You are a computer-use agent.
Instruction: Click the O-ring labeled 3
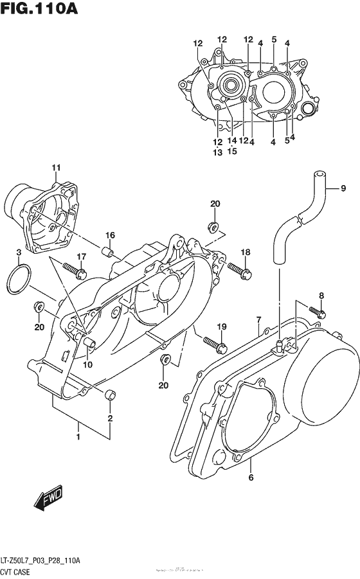tap(19, 281)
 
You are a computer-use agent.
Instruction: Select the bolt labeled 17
tap(75, 271)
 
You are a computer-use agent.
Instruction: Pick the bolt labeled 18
tap(237, 271)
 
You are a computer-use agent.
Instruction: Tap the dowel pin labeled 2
tap(110, 393)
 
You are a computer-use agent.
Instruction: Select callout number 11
tap(56, 168)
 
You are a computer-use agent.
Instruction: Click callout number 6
tap(251, 477)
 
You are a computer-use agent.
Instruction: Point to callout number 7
tap(258, 319)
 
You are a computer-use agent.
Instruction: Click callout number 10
tap(87, 364)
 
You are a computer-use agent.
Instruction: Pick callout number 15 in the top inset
tap(232, 152)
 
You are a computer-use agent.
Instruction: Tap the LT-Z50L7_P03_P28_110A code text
tap(40, 560)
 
